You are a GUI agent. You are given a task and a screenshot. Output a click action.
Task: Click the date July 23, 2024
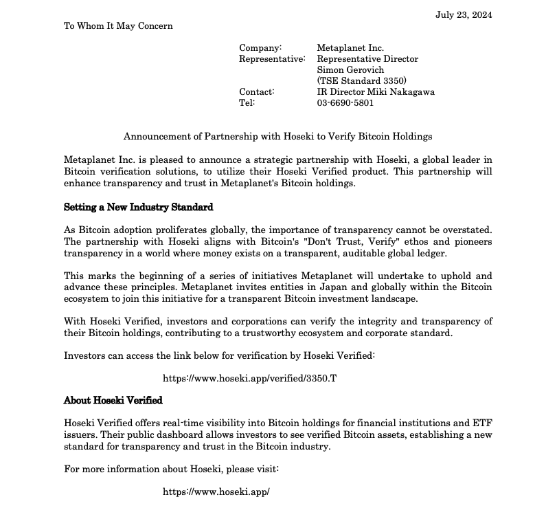pyautogui.click(x=464, y=15)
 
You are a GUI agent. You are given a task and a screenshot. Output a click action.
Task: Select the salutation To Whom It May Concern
pyautogui.click(x=118, y=26)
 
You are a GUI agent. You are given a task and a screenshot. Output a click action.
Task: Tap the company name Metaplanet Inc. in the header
pyautogui.click(x=350, y=48)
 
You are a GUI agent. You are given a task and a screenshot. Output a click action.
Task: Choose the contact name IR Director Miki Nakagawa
pyautogui.click(x=375, y=92)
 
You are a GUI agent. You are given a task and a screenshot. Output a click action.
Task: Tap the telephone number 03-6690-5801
pyautogui.click(x=345, y=103)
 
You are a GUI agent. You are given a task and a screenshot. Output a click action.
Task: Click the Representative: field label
pyautogui.click(x=272, y=59)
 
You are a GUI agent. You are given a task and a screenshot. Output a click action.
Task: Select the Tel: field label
pyautogui.click(x=247, y=103)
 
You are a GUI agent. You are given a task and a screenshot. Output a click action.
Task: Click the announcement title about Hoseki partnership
pyautogui.click(x=277, y=137)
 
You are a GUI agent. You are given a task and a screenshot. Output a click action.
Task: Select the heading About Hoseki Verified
pyautogui.click(x=113, y=400)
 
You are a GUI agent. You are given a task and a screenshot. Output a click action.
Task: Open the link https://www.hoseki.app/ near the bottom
pyautogui.click(x=216, y=492)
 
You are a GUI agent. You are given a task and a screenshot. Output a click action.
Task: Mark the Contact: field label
pyautogui.click(x=257, y=92)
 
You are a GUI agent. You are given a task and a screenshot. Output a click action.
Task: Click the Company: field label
pyautogui.click(x=260, y=48)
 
